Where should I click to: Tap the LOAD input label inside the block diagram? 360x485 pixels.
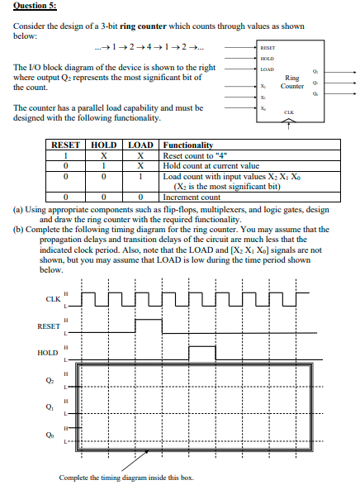coord(265,70)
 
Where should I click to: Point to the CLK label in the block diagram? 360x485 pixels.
coord(288,112)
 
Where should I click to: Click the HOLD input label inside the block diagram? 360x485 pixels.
coord(265,59)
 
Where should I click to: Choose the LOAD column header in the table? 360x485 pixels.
coord(143,145)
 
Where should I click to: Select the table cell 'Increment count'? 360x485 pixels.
coord(192,197)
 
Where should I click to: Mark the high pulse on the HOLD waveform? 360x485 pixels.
coord(201,348)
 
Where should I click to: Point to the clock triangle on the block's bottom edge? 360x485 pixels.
coord(288,123)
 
